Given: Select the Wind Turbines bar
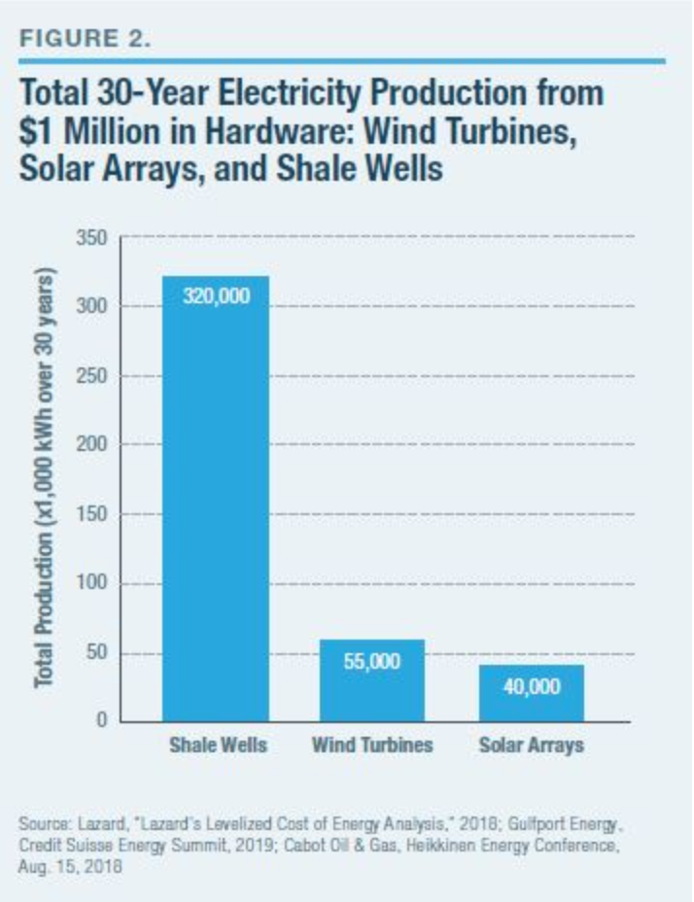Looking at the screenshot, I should (373, 680).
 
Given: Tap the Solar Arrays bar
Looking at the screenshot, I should (531, 692).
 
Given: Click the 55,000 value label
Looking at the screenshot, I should (373, 661).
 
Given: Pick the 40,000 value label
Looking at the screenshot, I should (531, 687).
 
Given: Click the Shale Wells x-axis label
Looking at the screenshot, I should (216, 746).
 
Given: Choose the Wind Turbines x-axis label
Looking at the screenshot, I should (373, 746).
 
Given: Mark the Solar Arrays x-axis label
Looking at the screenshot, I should (531, 746).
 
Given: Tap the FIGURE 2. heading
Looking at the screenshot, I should (87, 40).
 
